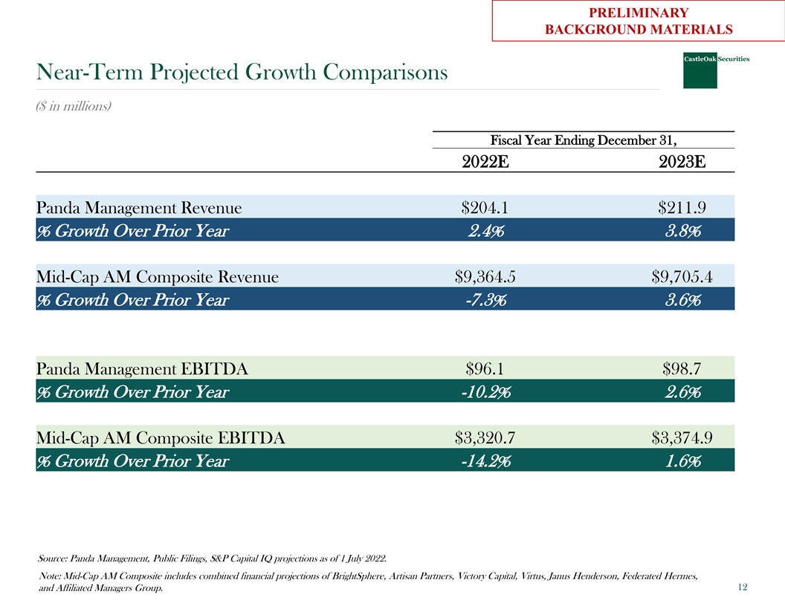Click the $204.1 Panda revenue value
tap(485, 207)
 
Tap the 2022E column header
tap(485, 161)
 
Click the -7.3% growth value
tap(485, 300)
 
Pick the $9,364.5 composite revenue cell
tap(485, 277)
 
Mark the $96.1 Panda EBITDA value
tap(485, 368)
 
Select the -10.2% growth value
tap(485, 391)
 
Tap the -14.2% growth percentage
tap(485, 461)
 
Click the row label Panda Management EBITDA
tap(142, 368)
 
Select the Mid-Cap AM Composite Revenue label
tap(157, 277)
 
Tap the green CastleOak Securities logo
tap(700, 71)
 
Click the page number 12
tap(742, 587)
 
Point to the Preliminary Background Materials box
tap(638, 21)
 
